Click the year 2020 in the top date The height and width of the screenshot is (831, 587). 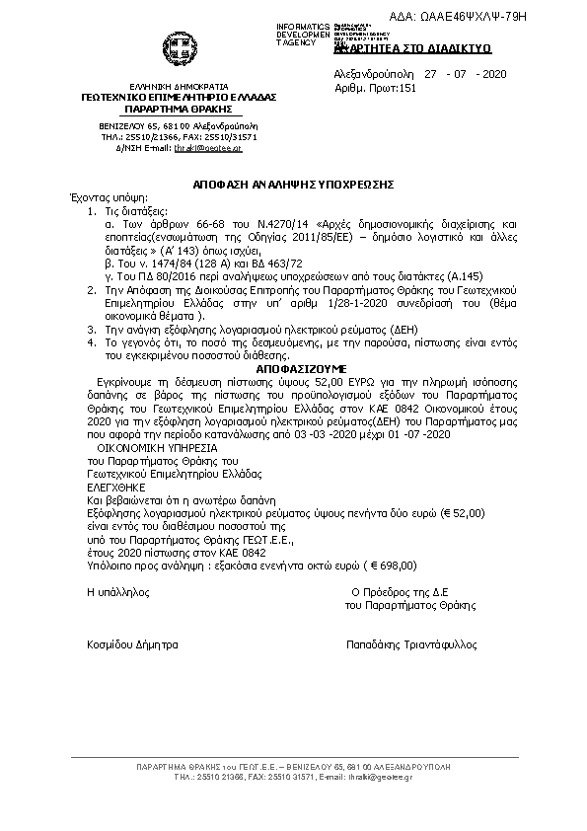coord(490,74)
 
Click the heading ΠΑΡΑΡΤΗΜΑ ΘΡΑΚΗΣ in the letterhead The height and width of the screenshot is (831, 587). coord(178,109)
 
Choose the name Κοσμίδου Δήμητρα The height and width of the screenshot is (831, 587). coord(133,644)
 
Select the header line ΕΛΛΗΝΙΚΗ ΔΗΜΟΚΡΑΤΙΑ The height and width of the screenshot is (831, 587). coord(178,87)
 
